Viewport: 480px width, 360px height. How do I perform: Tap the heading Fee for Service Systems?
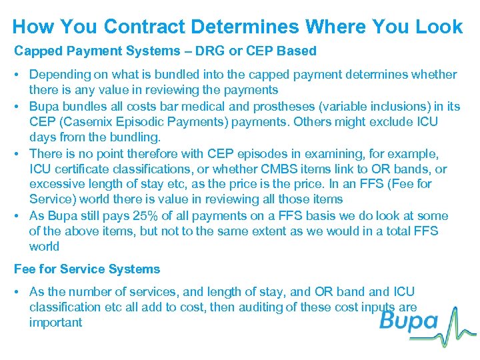coord(87,269)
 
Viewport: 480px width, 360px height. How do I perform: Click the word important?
coord(56,323)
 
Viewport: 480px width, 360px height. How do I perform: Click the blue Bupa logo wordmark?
coord(409,323)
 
